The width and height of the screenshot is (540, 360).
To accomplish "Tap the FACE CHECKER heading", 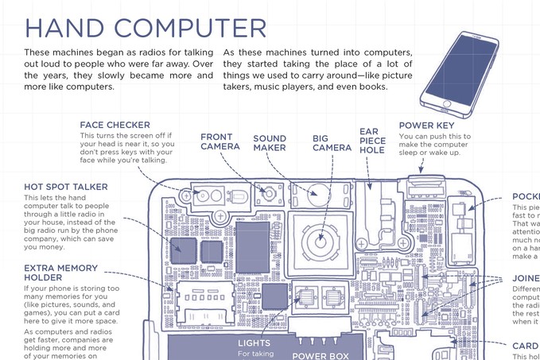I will (x=115, y=126).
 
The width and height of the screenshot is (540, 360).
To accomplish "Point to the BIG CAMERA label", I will (x=331, y=143).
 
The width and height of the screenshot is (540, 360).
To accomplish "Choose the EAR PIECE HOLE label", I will (x=372, y=141).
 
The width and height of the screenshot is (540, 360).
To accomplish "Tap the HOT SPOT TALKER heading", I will (x=66, y=187).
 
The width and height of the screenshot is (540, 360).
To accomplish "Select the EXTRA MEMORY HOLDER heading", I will (x=61, y=273).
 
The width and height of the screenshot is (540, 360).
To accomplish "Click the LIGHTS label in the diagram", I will (x=254, y=343).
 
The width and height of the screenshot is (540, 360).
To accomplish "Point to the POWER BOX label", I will (x=321, y=356).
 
